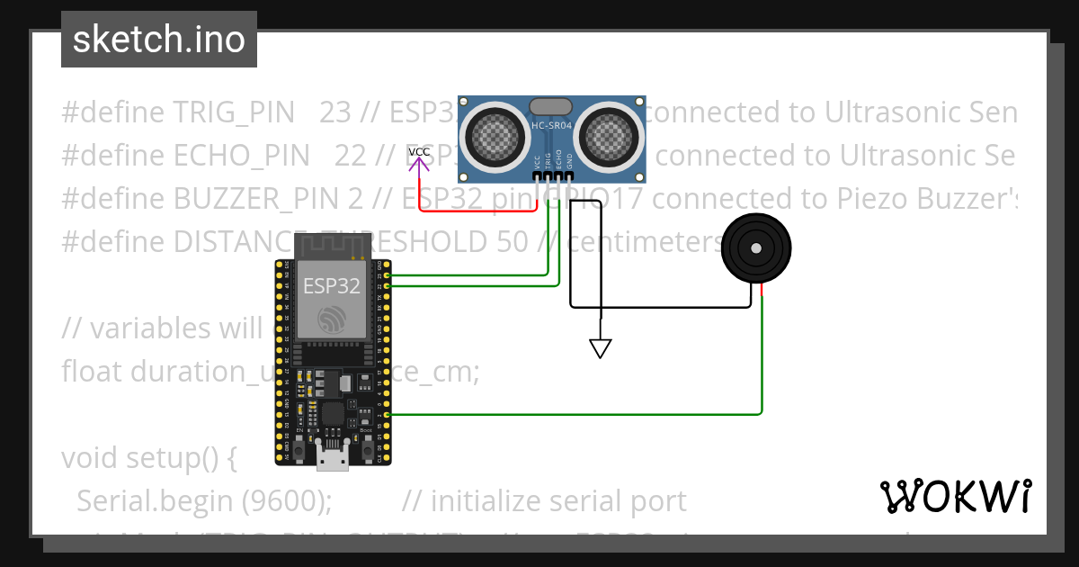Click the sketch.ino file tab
click(159, 40)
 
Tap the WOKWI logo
click(955, 496)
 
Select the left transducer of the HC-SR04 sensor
click(494, 135)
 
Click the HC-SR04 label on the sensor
click(552, 126)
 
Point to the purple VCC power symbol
click(419, 157)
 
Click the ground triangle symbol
click(600, 347)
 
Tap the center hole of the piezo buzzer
click(757, 248)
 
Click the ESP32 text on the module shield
click(331, 286)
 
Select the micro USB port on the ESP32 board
click(333, 459)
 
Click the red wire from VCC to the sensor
click(477, 211)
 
